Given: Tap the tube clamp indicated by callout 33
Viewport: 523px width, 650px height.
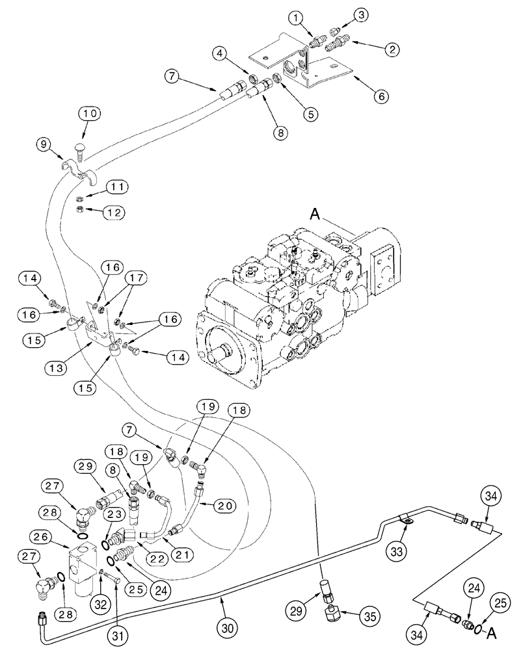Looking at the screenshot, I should coord(405,518).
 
